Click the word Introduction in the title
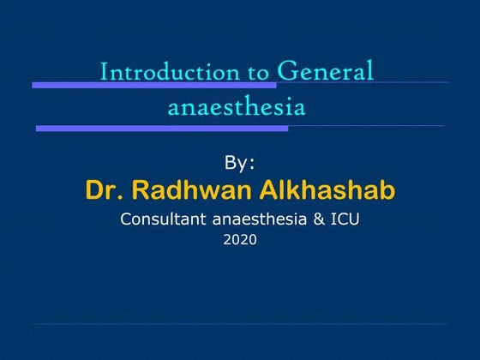pyautogui.click(x=159, y=72)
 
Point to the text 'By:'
pyautogui.click(x=240, y=162)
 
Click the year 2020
pyautogui.click(x=240, y=241)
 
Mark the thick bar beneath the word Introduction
pyautogui.click(x=154, y=86)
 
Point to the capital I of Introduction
pyautogui.click(x=104, y=72)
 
